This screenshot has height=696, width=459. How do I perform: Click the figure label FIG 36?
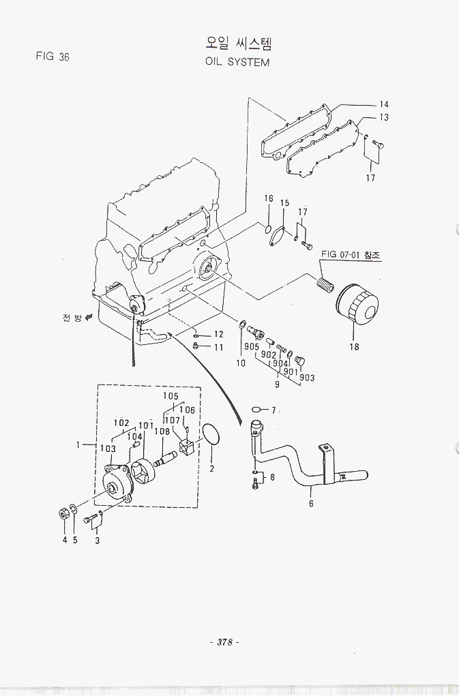[x=53, y=57]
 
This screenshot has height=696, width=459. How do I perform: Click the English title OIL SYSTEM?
[x=237, y=62]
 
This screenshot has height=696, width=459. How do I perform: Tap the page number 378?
[x=223, y=642]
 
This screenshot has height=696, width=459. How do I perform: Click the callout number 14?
[x=384, y=104]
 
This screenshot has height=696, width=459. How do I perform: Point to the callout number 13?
[x=384, y=117]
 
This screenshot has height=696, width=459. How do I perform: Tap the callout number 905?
[x=251, y=347]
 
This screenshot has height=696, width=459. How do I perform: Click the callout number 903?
[x=307, y=378]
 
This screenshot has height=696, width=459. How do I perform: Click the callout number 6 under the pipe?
[x=310, y=504]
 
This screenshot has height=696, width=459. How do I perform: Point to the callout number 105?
[x=171, y=396]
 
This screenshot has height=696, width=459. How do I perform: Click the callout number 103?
[x=108, y=449]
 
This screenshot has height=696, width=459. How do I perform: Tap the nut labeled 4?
[x=63, y=512]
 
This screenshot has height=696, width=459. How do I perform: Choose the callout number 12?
[x=218, y=335]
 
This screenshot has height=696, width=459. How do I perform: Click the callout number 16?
[x=269, y=198]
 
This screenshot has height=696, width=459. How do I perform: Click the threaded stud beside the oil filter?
[x=327, y=282]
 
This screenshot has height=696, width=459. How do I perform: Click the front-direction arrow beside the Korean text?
[x=88, y=318]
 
